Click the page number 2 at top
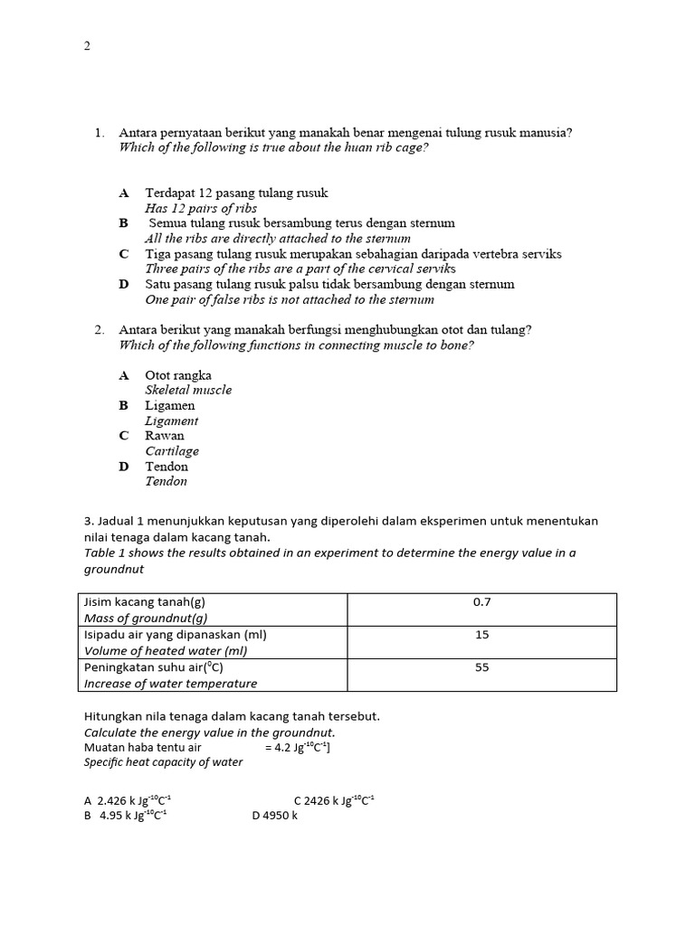click(87, 46)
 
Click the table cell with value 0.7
click(481, 601)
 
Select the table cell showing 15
click(481, 635)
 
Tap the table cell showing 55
click(481, 668)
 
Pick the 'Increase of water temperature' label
click(170, 684)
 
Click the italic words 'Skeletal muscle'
click(188, 390)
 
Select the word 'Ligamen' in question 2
click(169, 405)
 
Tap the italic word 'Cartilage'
click(172, 450)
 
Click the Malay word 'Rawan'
click(164, 435)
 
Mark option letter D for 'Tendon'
click(124, 467)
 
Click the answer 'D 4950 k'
click(274, 815)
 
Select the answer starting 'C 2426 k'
click(334, 800)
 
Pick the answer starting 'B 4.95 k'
click(125, 815)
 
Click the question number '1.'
click(100, 133)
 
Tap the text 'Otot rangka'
click(178, 374)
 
